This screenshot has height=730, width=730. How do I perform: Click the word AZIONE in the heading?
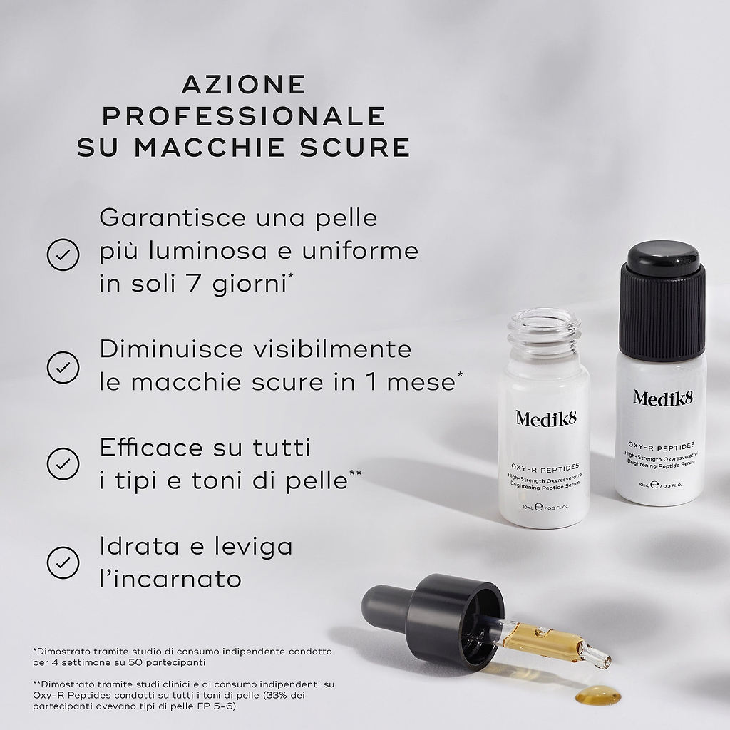coord(244,84)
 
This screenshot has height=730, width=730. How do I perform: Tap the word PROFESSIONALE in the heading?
coord(244,116)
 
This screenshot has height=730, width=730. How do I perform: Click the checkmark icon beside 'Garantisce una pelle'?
coord(63,255)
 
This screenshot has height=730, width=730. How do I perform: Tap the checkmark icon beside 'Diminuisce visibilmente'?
coord(63,367)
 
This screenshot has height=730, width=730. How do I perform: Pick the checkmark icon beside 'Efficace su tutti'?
coord(63,463)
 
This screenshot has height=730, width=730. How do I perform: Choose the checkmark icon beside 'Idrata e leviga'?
coord(63,562)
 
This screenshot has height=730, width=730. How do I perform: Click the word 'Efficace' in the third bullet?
coord(151,448)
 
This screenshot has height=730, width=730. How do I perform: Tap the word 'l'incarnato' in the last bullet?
coord(170,579)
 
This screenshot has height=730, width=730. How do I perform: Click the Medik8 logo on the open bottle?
coord(545,418)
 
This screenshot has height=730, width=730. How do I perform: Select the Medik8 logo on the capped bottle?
coord(663,398)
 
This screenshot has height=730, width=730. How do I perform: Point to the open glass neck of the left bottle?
coord(543,331)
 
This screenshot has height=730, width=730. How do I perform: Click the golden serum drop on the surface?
coord(598,696)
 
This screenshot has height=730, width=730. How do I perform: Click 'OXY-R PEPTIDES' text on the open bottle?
coord(545,466)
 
